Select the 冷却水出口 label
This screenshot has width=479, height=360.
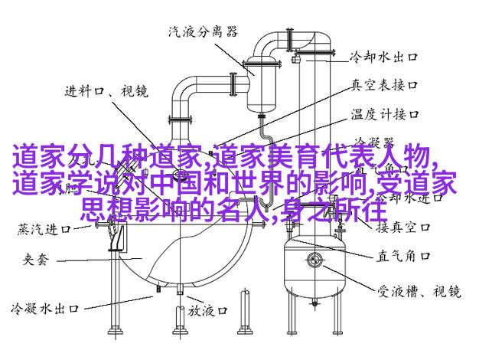[x=382, y=56]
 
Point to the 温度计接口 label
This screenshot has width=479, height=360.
[x=384, y=114]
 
